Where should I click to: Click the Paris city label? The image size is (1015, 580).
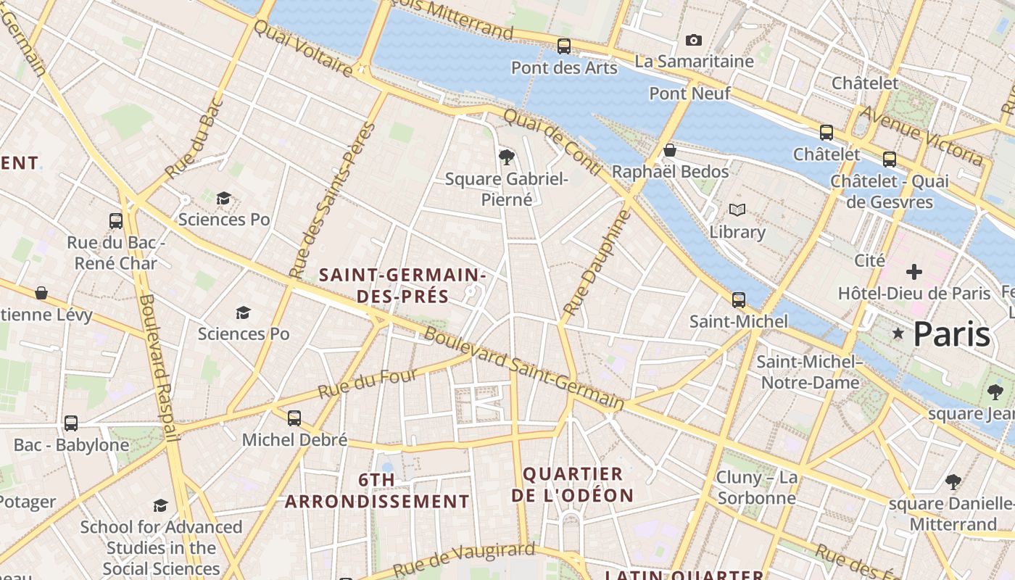tap(951, 333)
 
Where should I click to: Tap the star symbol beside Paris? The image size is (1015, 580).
tap(898, 333)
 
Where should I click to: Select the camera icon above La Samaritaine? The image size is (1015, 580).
tap(694, 41)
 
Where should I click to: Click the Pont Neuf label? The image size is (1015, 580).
tap(689, 94)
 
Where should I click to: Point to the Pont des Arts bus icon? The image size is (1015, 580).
tap(564, 46)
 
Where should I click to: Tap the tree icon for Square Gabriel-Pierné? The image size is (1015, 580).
tap(507, 157)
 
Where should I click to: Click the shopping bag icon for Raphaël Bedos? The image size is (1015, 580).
tap(670, 150)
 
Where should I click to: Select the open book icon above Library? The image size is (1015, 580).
tap(737, 210)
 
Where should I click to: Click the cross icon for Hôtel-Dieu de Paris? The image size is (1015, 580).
tap(914, 272)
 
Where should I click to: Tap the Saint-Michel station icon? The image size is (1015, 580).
tap(739, 299)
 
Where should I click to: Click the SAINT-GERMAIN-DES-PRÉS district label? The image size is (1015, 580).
tap(402, 285)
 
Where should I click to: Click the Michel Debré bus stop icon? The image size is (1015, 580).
tap(294, 418)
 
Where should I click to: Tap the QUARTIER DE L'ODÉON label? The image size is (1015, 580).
tap(573, 484)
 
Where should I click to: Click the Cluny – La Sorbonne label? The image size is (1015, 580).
tap(756, 487)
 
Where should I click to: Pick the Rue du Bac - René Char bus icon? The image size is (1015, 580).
tap(116, 221)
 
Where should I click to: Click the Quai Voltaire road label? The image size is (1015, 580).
tap(302, 48)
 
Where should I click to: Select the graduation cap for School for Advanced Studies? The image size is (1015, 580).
tap(161, 505)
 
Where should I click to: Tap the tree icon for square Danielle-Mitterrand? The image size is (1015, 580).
tap(953, 481)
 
